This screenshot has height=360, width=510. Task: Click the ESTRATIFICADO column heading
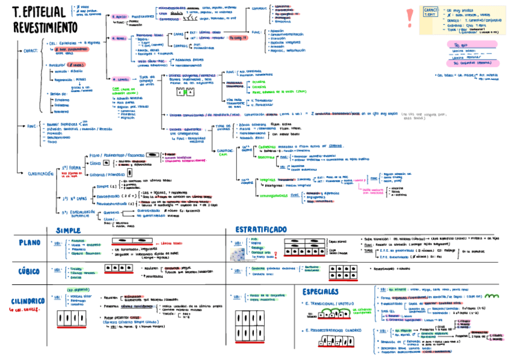point(260,230)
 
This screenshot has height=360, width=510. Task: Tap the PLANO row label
point(29,243)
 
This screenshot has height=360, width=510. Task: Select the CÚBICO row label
point(29,270)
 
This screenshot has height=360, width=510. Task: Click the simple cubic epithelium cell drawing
point(118,268)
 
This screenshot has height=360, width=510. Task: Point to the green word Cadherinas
point(267,146)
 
